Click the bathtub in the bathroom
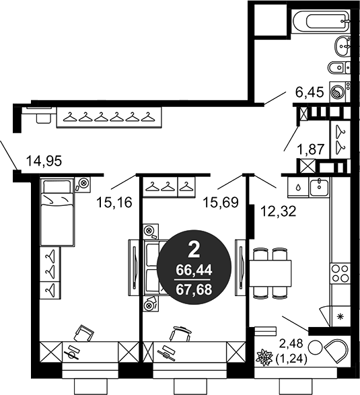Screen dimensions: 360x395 coord(321,21)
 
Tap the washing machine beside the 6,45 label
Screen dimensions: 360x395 coord(340,92)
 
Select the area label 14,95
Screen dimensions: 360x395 coord(44,161)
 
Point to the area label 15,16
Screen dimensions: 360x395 coord(114,203)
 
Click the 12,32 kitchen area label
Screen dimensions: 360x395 coord(278,211)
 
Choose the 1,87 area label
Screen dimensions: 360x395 coord(310,149)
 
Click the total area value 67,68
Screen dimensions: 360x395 coord(194,289)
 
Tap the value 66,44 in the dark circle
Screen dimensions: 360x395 coord(194,271)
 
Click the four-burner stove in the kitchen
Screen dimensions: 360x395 coord(340,273)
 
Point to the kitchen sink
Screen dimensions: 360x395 coord(319,187)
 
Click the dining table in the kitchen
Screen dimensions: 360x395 coord(271,273)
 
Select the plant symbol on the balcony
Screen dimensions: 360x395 coord(264,357)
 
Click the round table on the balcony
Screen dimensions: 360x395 coord(316,348)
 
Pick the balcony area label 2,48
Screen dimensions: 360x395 coord(291,343)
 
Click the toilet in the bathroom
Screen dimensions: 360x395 coord(339,67)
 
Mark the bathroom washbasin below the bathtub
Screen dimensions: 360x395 coord(343,46)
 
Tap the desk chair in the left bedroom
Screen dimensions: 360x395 coord(83,333)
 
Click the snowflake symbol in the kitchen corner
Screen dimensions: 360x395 coord(340,316)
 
